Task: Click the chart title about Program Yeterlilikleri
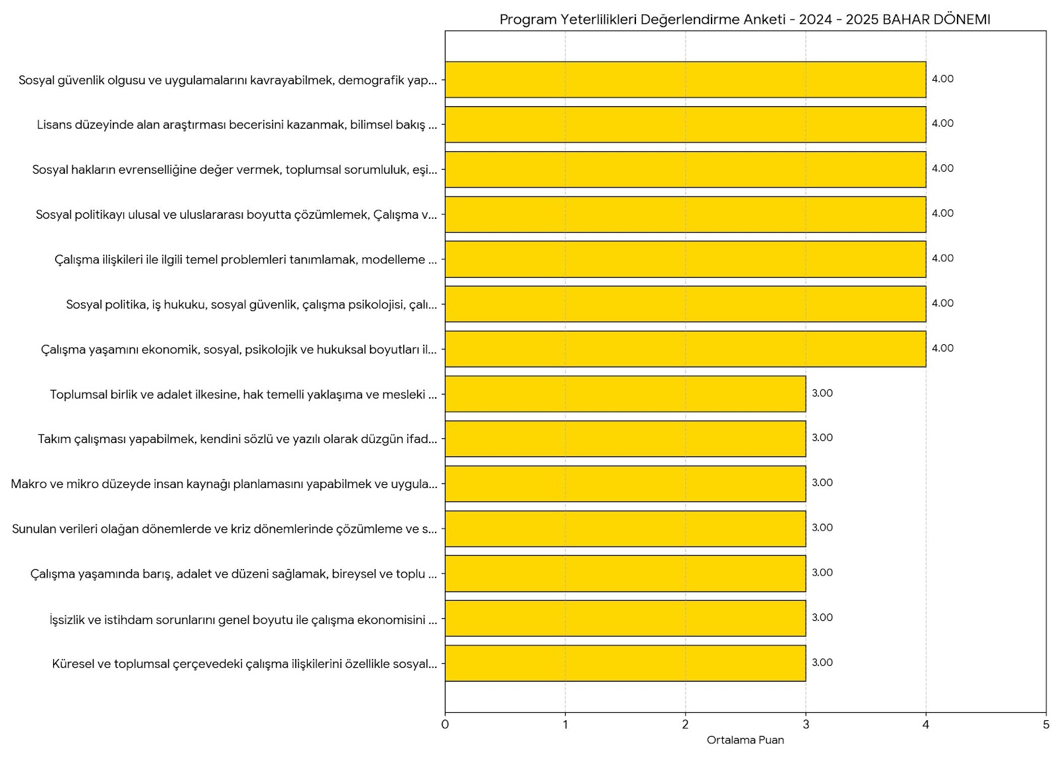[745, 19]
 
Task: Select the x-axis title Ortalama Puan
[745, 740]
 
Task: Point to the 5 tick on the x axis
[1046, 725]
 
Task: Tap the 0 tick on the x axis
[445, 725]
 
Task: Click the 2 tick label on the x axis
[686, 725]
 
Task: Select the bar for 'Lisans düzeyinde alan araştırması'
[685, 125]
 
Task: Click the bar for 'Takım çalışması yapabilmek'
[625, 439]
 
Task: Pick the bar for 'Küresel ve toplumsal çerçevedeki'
[625, 663]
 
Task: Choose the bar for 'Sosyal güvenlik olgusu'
[685, 80]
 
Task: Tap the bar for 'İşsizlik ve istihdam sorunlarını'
[625, 618]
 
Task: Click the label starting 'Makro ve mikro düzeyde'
[224, 484]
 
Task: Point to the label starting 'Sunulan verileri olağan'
[225, 529]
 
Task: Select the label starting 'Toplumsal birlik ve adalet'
[243, 395]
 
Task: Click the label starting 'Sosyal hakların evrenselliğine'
[235, 170]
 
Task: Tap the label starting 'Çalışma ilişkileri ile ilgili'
[246, 260]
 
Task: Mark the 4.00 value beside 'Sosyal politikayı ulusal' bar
[942, 214]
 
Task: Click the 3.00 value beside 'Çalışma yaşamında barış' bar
[822, 573]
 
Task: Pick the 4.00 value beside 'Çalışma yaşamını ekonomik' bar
[942, 348]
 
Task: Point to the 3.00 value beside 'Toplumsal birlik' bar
[822, 393]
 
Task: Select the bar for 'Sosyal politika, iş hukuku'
[685, 304]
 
